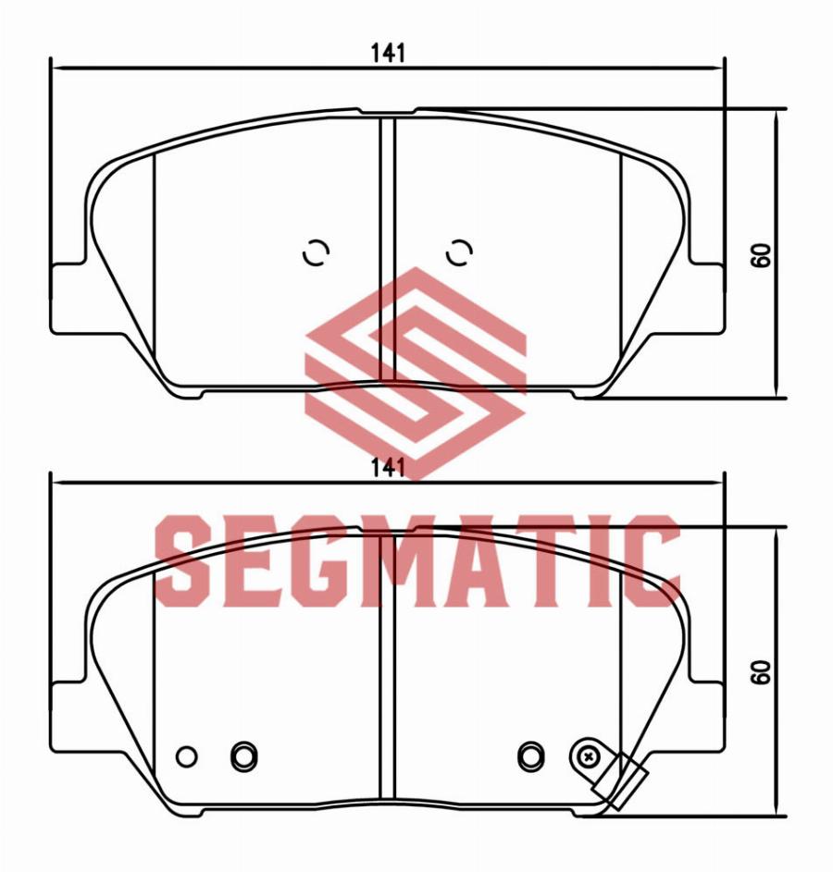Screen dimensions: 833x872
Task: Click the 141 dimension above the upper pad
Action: click(388, 54)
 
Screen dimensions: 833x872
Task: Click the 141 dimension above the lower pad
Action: click(388, 468)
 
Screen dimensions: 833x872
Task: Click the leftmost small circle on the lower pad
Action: click(186, 756)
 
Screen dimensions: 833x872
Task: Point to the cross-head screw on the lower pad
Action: click(587, 755)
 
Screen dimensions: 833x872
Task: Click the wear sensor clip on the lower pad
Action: click(621, 781)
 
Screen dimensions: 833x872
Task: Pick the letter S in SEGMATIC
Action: click(183, 560)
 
